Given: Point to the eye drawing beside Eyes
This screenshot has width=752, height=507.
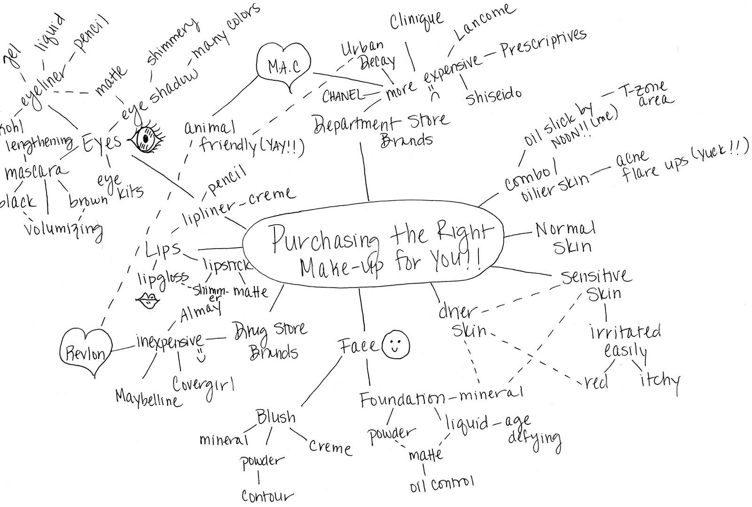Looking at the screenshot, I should [146, 139].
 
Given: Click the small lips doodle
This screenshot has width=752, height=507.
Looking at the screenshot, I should [149, 301].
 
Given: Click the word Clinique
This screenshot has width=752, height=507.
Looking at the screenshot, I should [416, 21].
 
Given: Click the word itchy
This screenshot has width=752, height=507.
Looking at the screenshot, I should [660, 380].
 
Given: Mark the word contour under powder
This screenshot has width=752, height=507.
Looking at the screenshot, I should [267, 495].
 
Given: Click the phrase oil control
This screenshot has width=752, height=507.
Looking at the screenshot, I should [441, 483].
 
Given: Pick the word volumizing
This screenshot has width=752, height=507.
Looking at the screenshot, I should [63, 229].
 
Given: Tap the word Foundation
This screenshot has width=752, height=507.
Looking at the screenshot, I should [402, 400].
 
